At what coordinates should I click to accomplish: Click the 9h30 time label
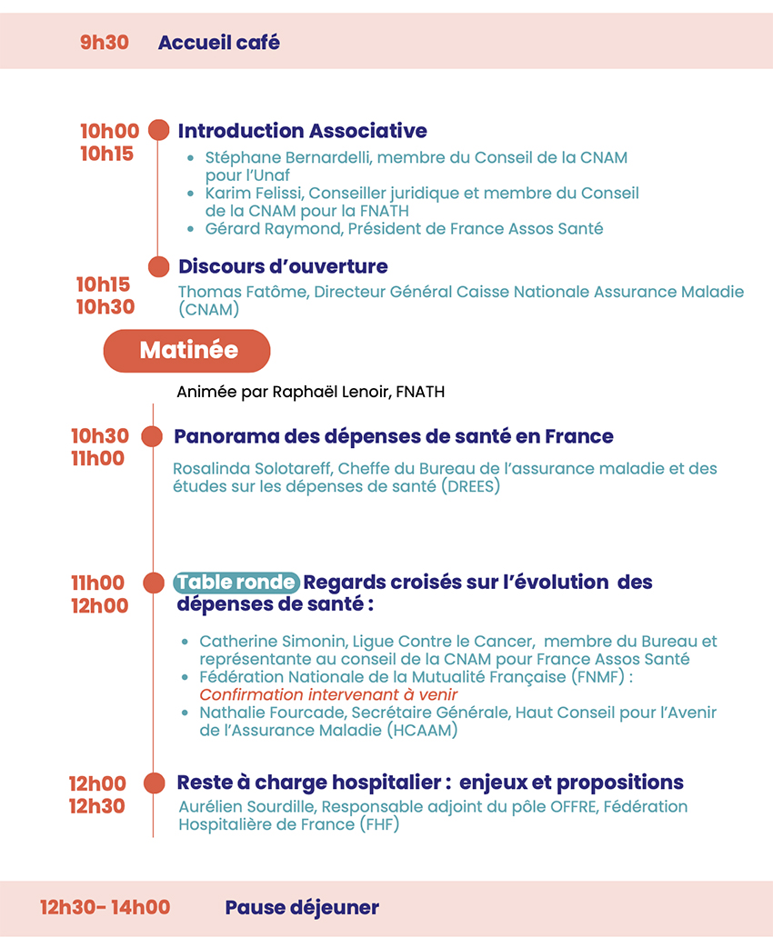[x=105, y=42]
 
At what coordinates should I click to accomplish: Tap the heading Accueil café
[x=218, y=42]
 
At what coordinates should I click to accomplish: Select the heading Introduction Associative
[x=302, y=131]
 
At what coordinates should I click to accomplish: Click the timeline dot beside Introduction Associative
[x=158, y=131]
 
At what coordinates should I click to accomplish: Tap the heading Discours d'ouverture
[x=283, y=266]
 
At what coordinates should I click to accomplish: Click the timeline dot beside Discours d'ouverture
[x=159, y=266]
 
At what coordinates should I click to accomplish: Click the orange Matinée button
[x=187, y=351]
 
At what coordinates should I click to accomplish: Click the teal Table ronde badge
[x=236, y=582]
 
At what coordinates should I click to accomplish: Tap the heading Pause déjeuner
[x=302, y=907]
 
